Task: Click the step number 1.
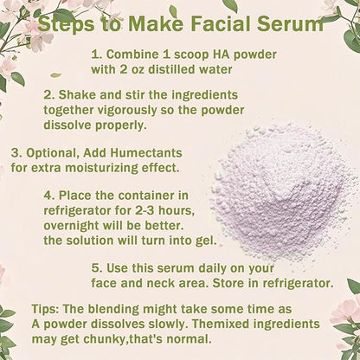tap(96, 55)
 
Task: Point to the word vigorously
tap(127, 111)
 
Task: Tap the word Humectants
tap(146, 152)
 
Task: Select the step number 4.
tap(49, 196)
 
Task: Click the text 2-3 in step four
tap(145, 210)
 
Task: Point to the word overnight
tap(72, 226)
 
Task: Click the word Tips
tap(46, 309)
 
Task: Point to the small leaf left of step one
tap(55, 75)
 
